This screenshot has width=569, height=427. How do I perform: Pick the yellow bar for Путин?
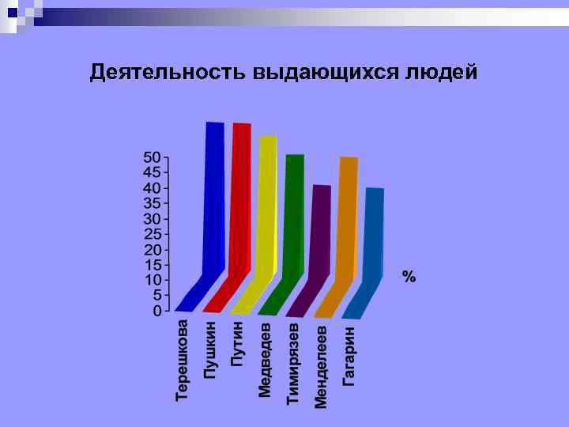pyautogui.click(x=267, y=206)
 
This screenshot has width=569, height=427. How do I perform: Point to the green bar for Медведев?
pyautogui.click(x=293, y=213)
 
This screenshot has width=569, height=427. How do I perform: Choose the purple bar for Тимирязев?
pyautogui.click(x=320, y=229)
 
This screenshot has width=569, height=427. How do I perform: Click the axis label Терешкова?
pyautogui.click(x=183, y=360)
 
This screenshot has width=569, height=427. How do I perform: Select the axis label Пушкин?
pyautogui.click(x=210, y=349)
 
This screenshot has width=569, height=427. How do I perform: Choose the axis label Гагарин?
pyautogui.click(x=349, y=355)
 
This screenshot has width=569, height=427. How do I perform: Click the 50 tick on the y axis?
pyautogui.click(x=151, y=157)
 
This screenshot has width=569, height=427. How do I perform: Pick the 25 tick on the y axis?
pyautogui.click(x=151, y=234)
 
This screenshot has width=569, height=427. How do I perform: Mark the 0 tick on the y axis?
pyautogui.click(x=156, y=311)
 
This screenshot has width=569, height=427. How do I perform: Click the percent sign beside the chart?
pyautogui.click(x=409, y=277)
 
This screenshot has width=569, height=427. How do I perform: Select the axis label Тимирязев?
pyautogui.click(x=293, y=363)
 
